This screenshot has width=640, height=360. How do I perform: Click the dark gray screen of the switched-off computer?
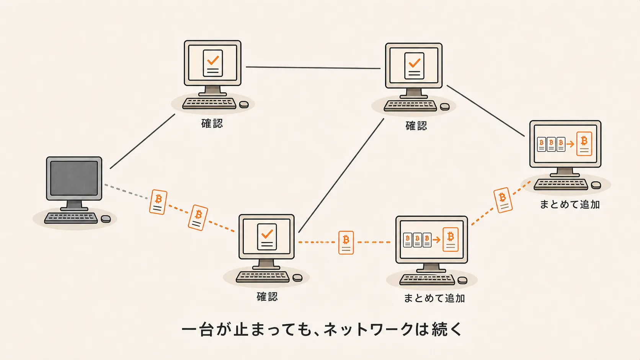(x=74, y=178)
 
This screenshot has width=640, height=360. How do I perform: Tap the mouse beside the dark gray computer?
(x=106, y=219)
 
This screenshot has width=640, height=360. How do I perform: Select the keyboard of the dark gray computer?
(x=71, y=218)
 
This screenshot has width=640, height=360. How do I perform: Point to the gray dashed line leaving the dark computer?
(x=126, y=191)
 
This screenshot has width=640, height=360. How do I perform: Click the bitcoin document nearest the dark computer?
(x=158, y=202)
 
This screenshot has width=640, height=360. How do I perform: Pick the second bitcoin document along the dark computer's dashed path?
(x=198, y=218)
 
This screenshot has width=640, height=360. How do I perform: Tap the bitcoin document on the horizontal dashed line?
(x=346, y=243)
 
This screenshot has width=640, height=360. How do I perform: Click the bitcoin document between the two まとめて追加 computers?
(x=503, y=200)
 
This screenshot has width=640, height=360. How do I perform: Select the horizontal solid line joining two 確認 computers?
(x=313, y=68)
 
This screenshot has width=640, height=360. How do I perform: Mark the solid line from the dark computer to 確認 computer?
(x=142, y=141)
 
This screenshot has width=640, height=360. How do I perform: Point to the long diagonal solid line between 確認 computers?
(x=341, y=176)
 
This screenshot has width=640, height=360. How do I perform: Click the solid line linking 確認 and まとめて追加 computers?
(x=486, y=111)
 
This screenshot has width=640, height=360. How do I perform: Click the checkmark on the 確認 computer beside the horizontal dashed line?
(x=267, y=234)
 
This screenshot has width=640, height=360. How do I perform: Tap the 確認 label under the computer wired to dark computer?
(x=212, y=124)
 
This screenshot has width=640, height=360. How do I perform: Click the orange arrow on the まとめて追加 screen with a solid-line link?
(x=570, y=144)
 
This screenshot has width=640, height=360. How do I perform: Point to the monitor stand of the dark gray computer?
(x=74, y=205)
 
